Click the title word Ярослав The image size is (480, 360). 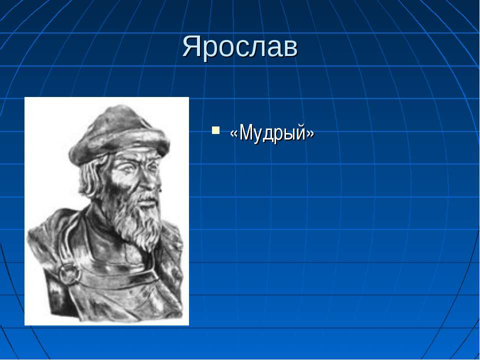(x=240, y=48)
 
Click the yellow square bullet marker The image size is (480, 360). (x=215, y=130)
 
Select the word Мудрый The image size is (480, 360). (x=272, y=133)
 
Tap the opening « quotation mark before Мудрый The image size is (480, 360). (x=234, y=134)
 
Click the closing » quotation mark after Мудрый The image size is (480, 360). (x=310, y=134)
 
